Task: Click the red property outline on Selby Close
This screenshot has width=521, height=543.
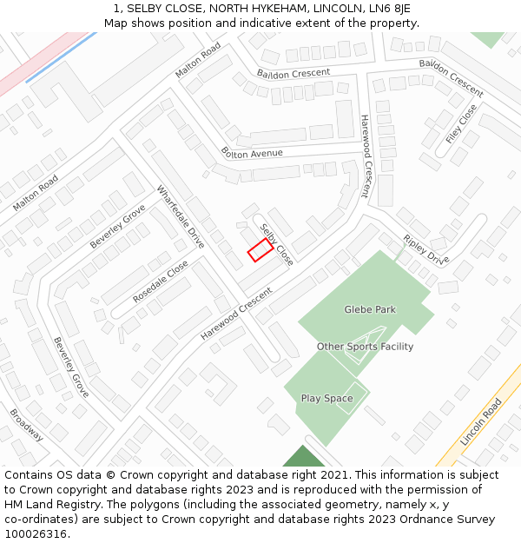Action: tap(260, 250)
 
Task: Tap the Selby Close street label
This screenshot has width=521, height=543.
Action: tap(277, 244)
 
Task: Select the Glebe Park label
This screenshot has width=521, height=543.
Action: tap(370, 309)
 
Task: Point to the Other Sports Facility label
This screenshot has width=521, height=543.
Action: tap(365, 347)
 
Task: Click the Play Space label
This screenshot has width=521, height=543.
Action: tap(326, 399)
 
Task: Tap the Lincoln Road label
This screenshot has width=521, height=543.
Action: tap(481, 422)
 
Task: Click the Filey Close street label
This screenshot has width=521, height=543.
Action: tap(461, 124)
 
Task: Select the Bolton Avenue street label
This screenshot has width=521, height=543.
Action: tap(252, 154)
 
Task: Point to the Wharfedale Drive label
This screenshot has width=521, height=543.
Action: tap(181, 216)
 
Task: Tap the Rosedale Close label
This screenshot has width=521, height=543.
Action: tap(161, 281)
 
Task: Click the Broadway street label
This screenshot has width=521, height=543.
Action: tap(26, 425)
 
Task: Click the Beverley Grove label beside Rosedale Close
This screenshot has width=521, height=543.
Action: tap(117, 226)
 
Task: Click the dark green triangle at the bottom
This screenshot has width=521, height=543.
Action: tap(303, 458)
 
